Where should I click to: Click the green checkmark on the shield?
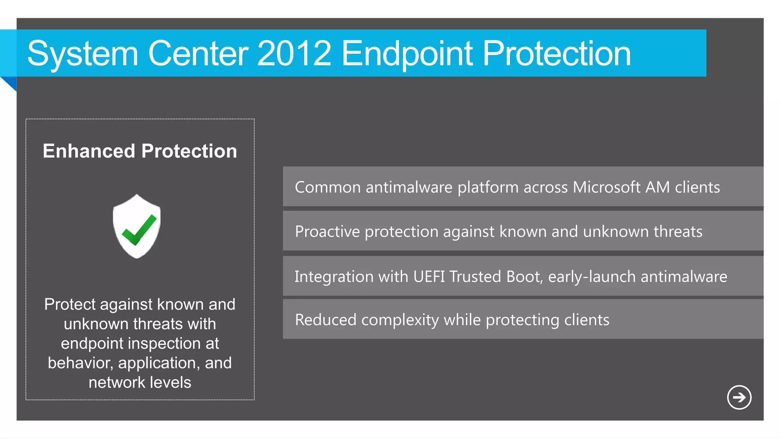pyautogui.click(x=139, y=230)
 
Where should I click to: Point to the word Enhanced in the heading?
pyautogui.click(x=89, y=151)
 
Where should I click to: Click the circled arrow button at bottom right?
pyautogui.click(x=739, y=397)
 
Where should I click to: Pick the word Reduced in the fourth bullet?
pyautogui.click(x=325, y=320)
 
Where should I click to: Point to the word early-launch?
pyautogui.click(x=591, y=277)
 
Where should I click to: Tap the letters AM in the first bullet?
pyautogui.click(x=657, y=187)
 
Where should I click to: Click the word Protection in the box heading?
pyautogui.click(x=189, y=151)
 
